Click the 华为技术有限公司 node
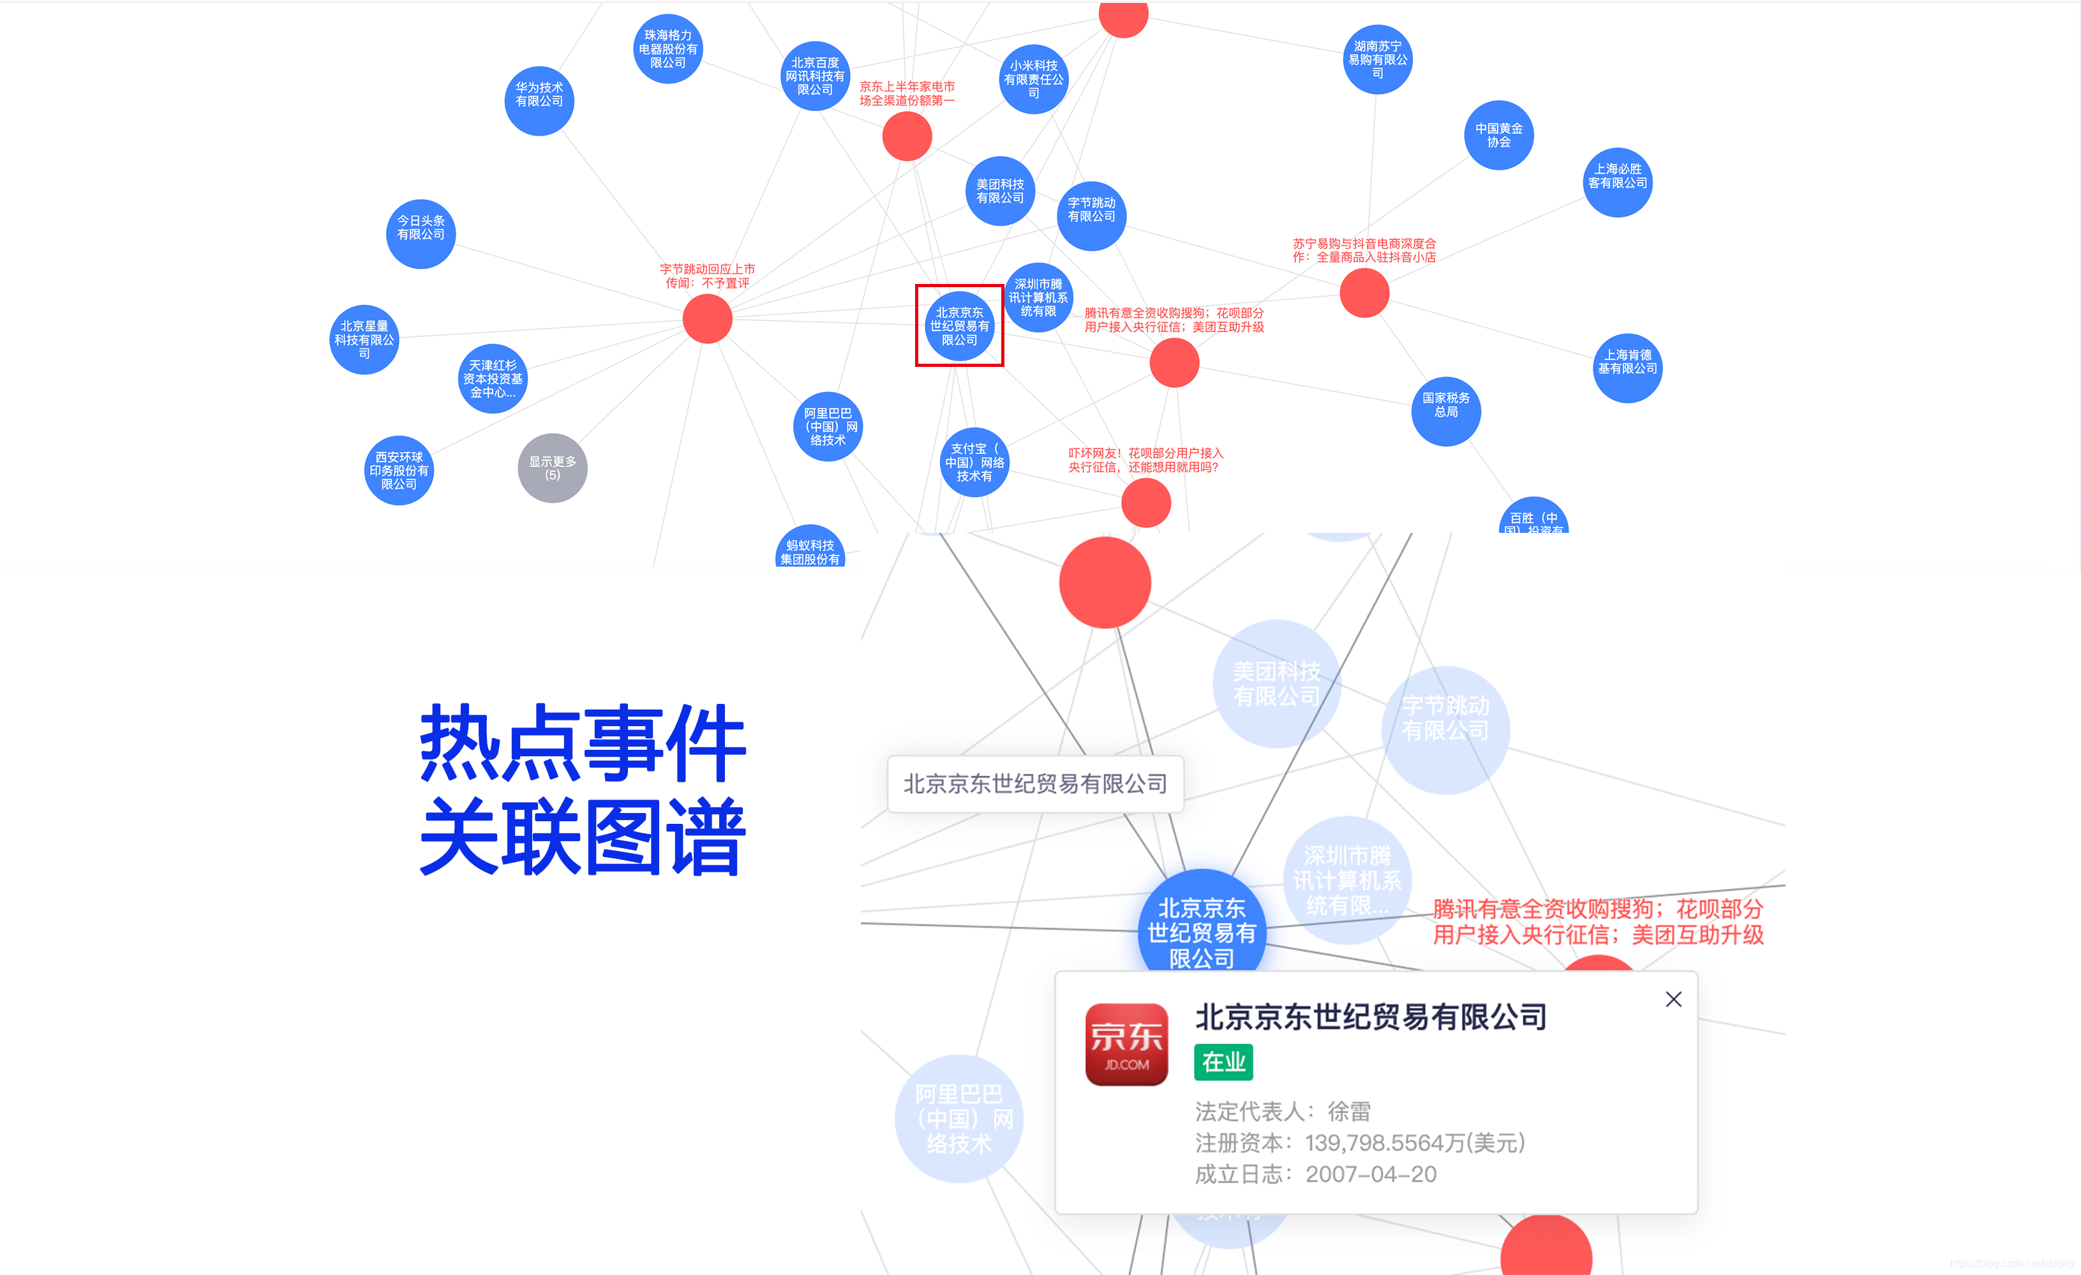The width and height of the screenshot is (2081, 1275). point(539,100)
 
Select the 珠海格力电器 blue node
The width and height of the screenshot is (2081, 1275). point(668,49)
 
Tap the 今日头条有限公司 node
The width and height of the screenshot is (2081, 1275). point(421,234)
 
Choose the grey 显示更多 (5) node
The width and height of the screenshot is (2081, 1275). point(553,468)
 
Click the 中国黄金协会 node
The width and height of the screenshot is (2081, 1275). point(1498,135)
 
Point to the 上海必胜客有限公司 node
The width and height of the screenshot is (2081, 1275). point(1616,183)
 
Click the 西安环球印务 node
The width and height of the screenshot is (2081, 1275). point(399,470)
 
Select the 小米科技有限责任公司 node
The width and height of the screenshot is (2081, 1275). point(1033,79)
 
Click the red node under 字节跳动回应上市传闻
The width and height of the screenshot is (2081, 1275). point(707,319)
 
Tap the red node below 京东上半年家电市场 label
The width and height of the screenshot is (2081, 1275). point(906,136)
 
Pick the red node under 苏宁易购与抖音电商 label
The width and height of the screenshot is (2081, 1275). point(1364,293)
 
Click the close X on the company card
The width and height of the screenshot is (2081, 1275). point(1673,999)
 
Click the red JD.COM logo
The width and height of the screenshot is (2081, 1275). point(1126,1045)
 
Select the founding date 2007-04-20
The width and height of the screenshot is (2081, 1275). point(1370,1174)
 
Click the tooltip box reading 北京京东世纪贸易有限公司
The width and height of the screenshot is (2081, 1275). point(1034,784)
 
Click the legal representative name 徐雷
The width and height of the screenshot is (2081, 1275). point(1349,1110)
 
